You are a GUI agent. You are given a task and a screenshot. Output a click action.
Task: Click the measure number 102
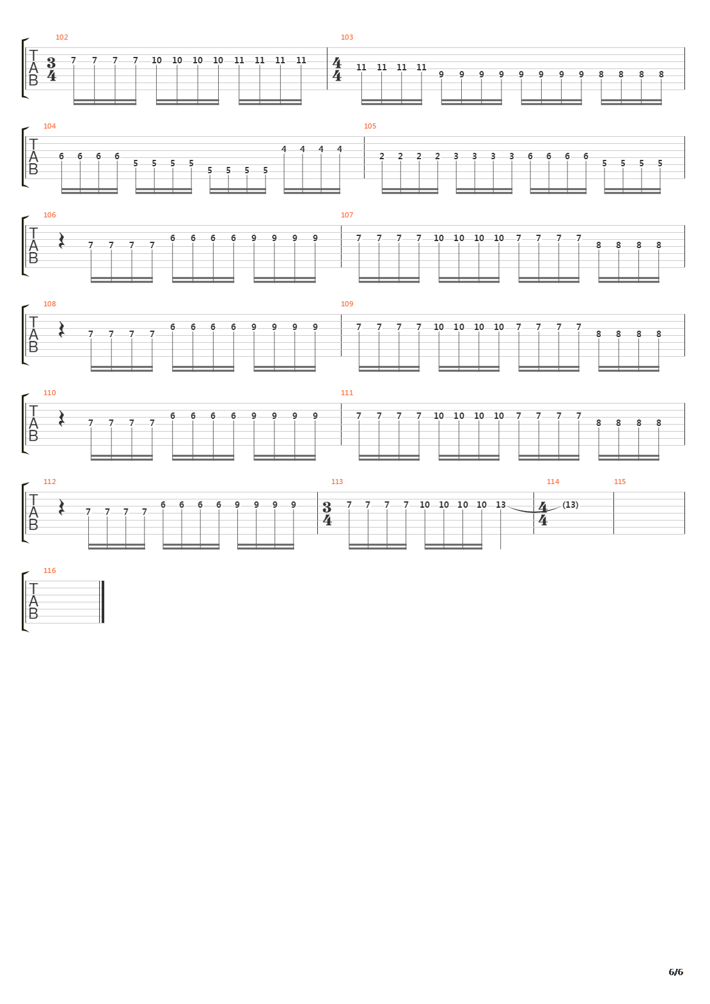click(x=61, y=37)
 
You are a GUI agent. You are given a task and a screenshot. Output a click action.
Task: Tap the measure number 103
click(x=347, y=37)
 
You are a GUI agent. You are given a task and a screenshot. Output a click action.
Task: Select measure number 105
click(x=370, y=126)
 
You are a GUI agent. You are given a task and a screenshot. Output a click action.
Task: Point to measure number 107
click(x=347, y=215)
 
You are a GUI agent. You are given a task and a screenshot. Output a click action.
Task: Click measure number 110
click(x=49, y=393)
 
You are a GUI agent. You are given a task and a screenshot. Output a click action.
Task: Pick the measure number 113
click(x=337, y=482)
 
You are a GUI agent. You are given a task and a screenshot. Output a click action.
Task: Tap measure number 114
click(x=553, y=482)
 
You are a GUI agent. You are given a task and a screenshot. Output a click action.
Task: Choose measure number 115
click(x=619, y=482)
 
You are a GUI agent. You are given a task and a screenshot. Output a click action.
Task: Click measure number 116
click(x=49, y=570)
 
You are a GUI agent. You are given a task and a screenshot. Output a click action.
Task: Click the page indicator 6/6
click(x=675, y=972)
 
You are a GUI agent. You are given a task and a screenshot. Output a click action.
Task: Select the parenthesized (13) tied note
click(x=571, y=505)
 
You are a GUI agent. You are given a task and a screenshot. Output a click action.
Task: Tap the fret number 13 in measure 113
click(x=500, y=505)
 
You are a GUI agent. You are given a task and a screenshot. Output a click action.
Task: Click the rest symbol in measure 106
click(x=61, y=240)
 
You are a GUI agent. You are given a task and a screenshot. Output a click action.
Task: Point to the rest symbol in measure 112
click(x=61, y=507)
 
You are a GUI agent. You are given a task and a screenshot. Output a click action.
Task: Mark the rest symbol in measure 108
click(x=61, y=329)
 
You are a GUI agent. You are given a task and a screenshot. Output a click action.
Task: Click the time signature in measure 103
click(x=338, y=68)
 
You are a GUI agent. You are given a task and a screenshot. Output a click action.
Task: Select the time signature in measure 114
click(x=543, y=513)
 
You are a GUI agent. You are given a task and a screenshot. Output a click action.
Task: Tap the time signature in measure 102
click(x=52, y=68)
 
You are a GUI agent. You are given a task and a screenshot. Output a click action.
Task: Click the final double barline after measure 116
click(x=102, y=602)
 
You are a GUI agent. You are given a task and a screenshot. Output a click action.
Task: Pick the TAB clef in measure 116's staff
click(x=33, y=602)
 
